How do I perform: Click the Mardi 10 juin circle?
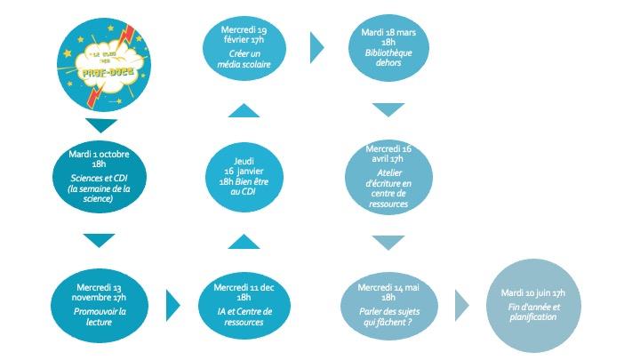click(534, 305)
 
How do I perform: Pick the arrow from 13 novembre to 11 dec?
click(172, 305)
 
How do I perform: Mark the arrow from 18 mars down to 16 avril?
click(388, 110)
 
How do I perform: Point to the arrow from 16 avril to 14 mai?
click(388, 242)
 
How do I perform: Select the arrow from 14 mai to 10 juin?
click(461, 305)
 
